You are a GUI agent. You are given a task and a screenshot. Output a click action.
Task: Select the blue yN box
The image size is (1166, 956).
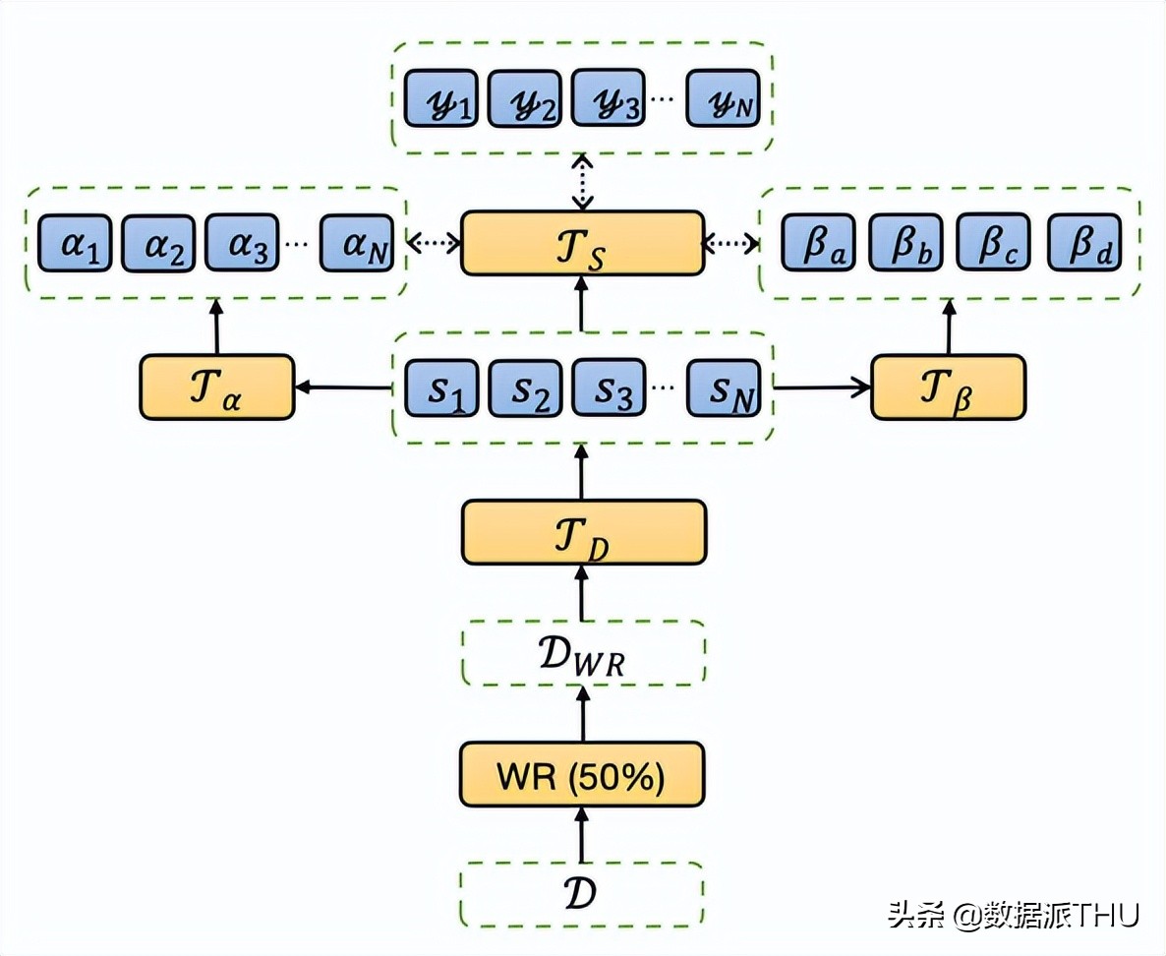pyautogui.click(x=723, y=97)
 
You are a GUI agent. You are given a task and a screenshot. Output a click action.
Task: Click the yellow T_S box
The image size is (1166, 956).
pyautogui.click(x=582, y=243)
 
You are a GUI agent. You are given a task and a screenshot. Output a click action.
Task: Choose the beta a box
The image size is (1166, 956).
pyautogui.click(x=819, y=243)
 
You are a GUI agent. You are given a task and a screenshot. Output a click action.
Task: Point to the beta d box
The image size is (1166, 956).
pyautogui.click(x=1083, y=243)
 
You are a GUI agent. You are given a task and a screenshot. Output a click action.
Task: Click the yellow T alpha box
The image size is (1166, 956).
pyautogui.click(x=216, y=388)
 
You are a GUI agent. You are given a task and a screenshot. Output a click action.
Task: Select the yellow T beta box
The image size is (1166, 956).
pyautogui.click(x=949, y=388)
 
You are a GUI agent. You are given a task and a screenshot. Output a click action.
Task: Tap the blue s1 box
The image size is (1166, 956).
pyautogui.click(x=440, y=388)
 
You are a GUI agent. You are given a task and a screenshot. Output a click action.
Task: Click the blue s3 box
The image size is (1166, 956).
pyautogui.click(x=610, y=388)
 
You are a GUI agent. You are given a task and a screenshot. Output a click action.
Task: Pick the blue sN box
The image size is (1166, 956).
pyautogui.click(x=723, y=388)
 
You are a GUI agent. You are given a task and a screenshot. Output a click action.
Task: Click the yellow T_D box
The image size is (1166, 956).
pyautogui.click(x=583, y=532)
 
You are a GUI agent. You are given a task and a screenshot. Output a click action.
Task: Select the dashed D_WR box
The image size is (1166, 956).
pyautogui.click(x=583, y=654)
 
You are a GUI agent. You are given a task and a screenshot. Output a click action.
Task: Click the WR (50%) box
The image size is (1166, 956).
pyautogui.click(x=582, y=775)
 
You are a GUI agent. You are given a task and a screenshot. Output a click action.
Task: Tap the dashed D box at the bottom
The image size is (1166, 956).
pyautogui.click(x=582, y=894)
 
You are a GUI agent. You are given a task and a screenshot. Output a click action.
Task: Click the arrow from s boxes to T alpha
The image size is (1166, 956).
pyautogui.click(x=344, y=388)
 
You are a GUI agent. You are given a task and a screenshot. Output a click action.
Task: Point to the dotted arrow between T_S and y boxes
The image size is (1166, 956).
pyautogui.click(x=583, y=182)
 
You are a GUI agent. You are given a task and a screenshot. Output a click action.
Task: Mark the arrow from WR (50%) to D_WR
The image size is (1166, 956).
pyautogui.click(x=583, y=715)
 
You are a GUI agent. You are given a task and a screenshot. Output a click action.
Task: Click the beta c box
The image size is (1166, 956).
pyautogui.click(x=993, y=243)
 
